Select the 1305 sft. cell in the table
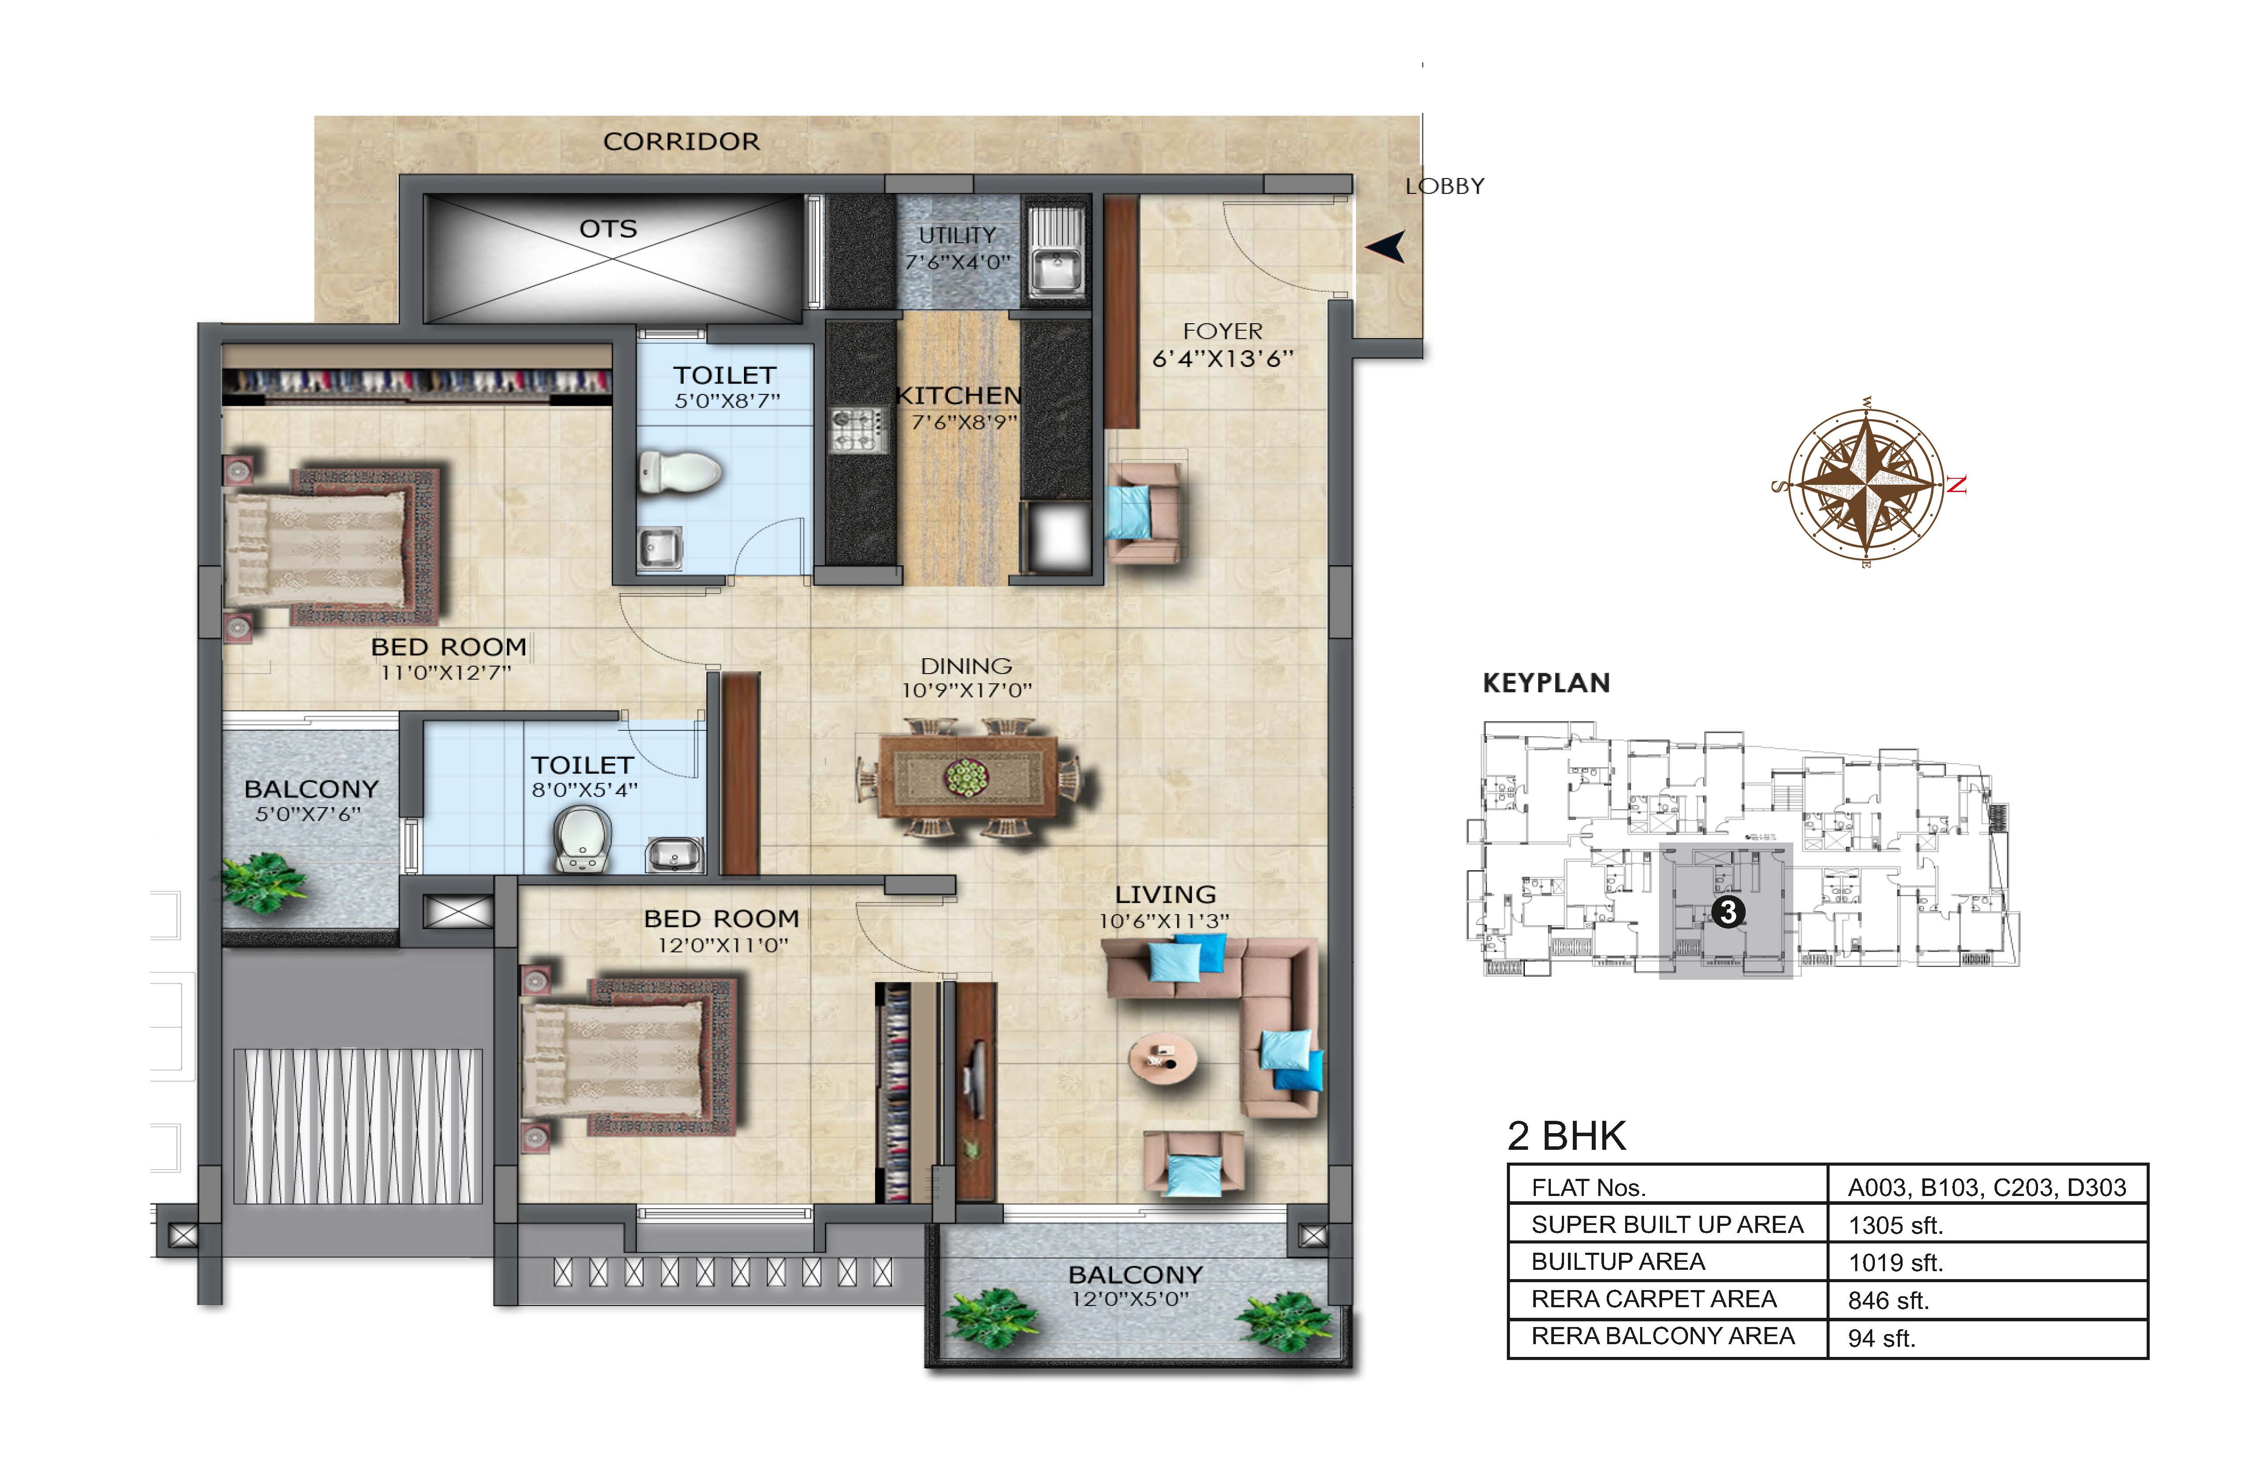[1896, 1225]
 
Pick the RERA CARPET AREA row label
[1653, 1299]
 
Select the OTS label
[608, 229]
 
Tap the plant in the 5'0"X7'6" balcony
[264, 882]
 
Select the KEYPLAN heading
[1546, 682]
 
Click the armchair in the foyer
[1146, 511]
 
